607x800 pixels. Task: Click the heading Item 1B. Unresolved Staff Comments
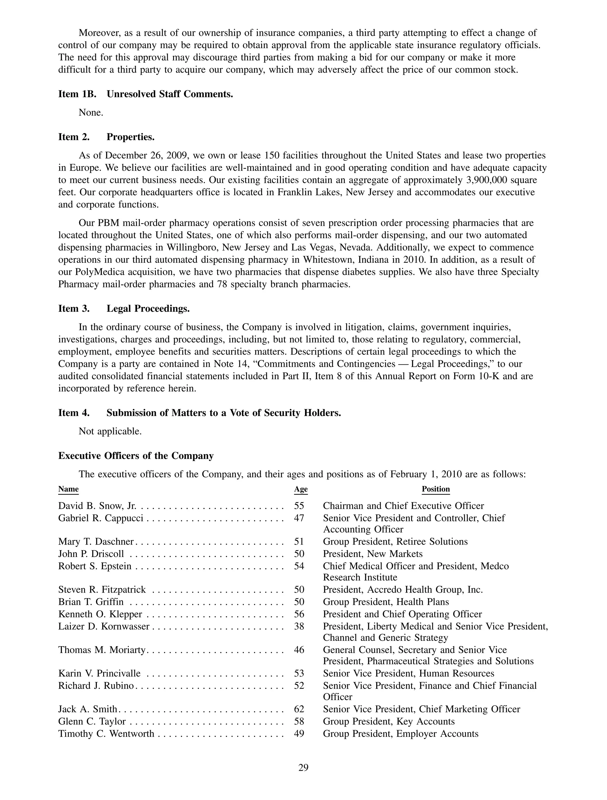coord(146,94)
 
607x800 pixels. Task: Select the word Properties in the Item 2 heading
coord(130,137)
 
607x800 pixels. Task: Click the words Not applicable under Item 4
coord(110,431)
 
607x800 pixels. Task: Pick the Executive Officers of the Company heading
coord(136,456)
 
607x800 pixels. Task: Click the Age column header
coord(301,489)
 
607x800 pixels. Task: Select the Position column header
coord(435,489)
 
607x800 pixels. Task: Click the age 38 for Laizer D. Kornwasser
coord(299,626)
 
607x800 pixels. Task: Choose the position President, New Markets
coord(372,554)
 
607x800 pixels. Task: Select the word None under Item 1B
coord(91,113)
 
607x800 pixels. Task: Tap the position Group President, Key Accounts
coord(389,721)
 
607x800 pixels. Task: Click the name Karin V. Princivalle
coord(99,673)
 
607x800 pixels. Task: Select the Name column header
coord(68,489)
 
